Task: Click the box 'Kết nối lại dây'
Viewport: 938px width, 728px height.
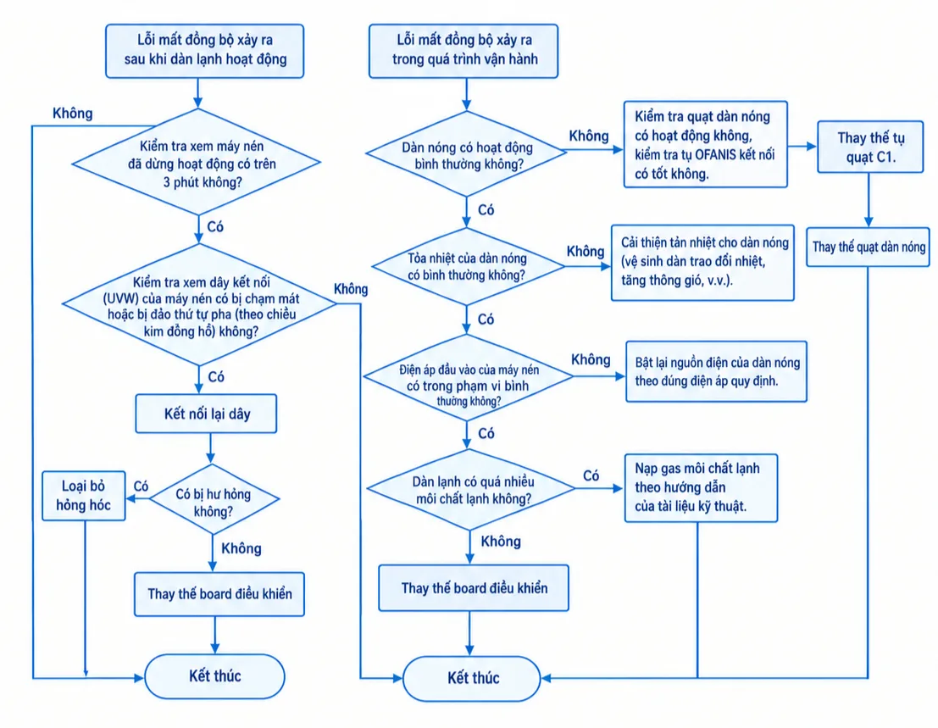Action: [206, 414]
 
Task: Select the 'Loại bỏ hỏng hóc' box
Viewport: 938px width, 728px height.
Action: [84, 495]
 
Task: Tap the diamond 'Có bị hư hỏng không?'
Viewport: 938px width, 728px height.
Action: [214, 499]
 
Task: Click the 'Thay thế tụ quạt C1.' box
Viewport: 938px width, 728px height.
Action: [870, 147]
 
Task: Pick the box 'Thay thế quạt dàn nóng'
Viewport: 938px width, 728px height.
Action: [868, 247]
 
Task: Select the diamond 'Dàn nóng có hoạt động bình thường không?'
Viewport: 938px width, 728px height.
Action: [467, 153]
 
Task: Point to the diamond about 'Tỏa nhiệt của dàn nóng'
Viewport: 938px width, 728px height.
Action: [467, 266]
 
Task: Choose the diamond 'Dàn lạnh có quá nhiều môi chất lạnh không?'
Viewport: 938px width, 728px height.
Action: [471, 489]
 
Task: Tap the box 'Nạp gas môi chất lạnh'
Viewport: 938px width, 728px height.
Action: [701, 487]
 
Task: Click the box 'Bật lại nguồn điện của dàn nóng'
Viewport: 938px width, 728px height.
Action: [717, 371]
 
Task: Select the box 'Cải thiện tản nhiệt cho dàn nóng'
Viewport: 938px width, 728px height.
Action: [703, 263]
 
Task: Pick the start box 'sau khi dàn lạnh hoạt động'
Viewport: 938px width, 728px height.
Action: [204, 51]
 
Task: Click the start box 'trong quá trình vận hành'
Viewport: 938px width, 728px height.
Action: [463, 51]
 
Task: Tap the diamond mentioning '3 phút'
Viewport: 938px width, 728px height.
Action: [197, 162]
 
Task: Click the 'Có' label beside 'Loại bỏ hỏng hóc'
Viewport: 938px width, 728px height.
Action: [142, 486]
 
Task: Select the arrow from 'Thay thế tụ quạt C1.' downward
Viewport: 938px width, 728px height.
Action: [869, 200]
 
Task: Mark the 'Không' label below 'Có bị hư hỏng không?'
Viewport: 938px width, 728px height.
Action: [241, 548]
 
